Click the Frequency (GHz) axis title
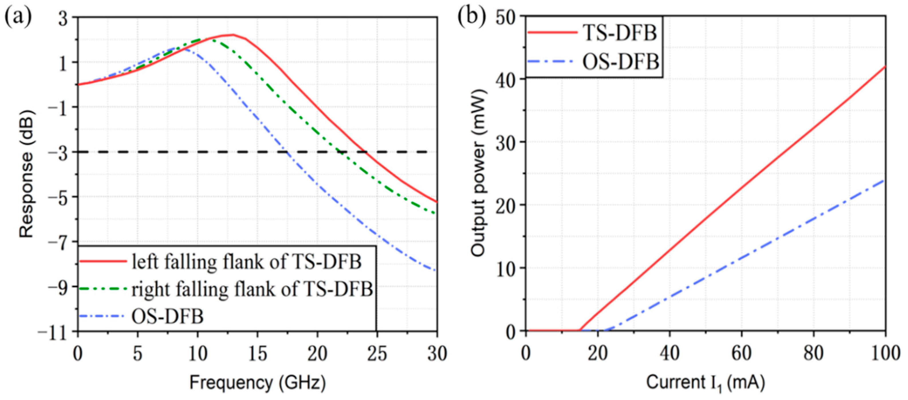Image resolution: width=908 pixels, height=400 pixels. click(x=258, y=383)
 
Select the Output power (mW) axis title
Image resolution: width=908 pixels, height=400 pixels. click(x=479, y=173)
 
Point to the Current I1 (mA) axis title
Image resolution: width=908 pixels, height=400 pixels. click(x=705, y=383)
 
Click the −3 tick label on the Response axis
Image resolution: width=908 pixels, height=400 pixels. click(x=58, y=153)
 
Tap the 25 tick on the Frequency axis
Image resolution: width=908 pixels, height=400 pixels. click(x=377, y=353)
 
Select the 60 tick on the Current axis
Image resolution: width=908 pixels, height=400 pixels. click(x=741, y=353)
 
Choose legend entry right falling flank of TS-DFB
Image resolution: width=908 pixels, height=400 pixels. click(x=252, y=290)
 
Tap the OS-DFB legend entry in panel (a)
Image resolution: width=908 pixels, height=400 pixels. click(x=168, y=316)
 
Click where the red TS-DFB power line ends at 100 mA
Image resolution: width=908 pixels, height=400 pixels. click(x=885, y=67)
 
